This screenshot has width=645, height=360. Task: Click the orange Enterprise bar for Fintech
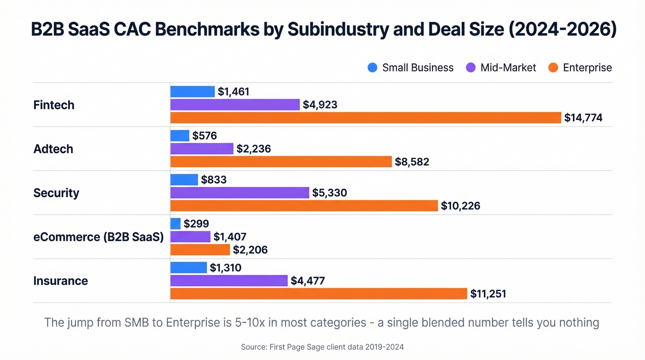click(366, 118)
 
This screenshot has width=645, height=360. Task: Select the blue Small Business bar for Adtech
click(180, 136)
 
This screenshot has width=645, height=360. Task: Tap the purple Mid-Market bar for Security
click(240, 193)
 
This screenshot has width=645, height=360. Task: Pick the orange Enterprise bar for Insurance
click(319, 294)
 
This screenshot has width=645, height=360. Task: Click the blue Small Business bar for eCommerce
click(176, 224)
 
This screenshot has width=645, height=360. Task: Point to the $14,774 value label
click(583, 118)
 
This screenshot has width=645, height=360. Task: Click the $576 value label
click(205, 136)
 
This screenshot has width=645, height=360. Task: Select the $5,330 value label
click(329, 193)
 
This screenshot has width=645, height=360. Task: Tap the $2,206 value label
click(250, 250)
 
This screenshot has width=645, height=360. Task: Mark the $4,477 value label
click(308, 281)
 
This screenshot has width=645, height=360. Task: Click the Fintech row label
click(54, 105)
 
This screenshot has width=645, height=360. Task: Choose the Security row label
click(56, 193)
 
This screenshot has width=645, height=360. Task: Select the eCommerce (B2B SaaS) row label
click(99, 237)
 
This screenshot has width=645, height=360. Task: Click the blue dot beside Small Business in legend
click(372, 68)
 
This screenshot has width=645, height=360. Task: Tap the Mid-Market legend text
click(508, 68)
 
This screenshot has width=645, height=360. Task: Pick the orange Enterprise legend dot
click(553, 68)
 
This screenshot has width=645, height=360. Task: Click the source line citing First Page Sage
click(322, 347)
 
